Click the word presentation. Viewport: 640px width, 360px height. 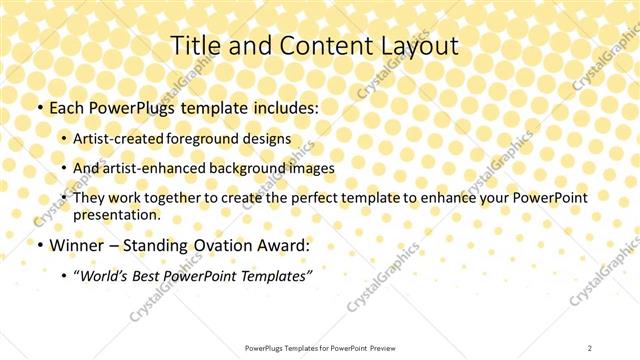(116, 215)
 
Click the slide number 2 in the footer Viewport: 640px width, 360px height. (591, 347)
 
